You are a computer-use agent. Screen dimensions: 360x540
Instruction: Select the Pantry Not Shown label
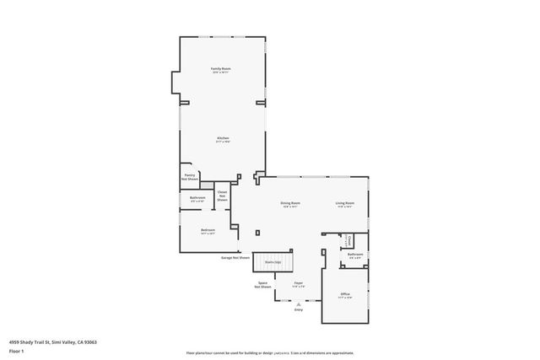tap(190, 177)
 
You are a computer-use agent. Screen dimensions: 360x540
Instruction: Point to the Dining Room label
tap(290, 204)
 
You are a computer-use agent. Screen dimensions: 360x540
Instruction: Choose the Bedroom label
tap(208, 231)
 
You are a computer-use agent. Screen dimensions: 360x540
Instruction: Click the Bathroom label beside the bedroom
tap(197, 198)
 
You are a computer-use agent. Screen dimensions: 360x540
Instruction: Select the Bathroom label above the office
tap(355, 255)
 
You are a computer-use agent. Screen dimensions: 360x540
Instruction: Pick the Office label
tap(345, 294)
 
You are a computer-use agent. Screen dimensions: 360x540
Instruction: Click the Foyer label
tap(298, 284)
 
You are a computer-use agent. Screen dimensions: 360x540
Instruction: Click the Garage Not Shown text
tap(235, 257)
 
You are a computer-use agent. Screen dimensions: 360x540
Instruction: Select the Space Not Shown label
tap(262, 285)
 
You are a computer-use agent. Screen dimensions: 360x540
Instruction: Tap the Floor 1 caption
tap(17, 351)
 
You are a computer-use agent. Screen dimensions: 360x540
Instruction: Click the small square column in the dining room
tap(258, 233)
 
